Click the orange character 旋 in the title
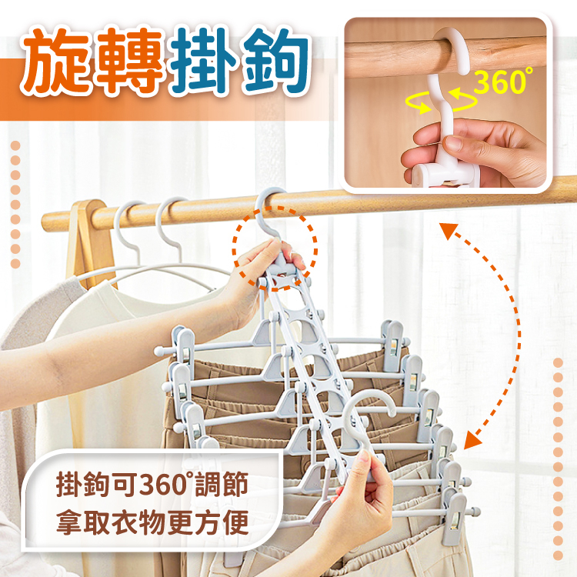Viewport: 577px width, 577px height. (x=56, y=61)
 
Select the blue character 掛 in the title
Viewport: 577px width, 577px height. (x=204, y=61)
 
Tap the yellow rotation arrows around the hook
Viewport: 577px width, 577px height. (x=442, y=102)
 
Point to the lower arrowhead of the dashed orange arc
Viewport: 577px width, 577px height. (x=472, y=440)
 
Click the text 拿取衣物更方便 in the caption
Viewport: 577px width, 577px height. (x=152, y=522)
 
